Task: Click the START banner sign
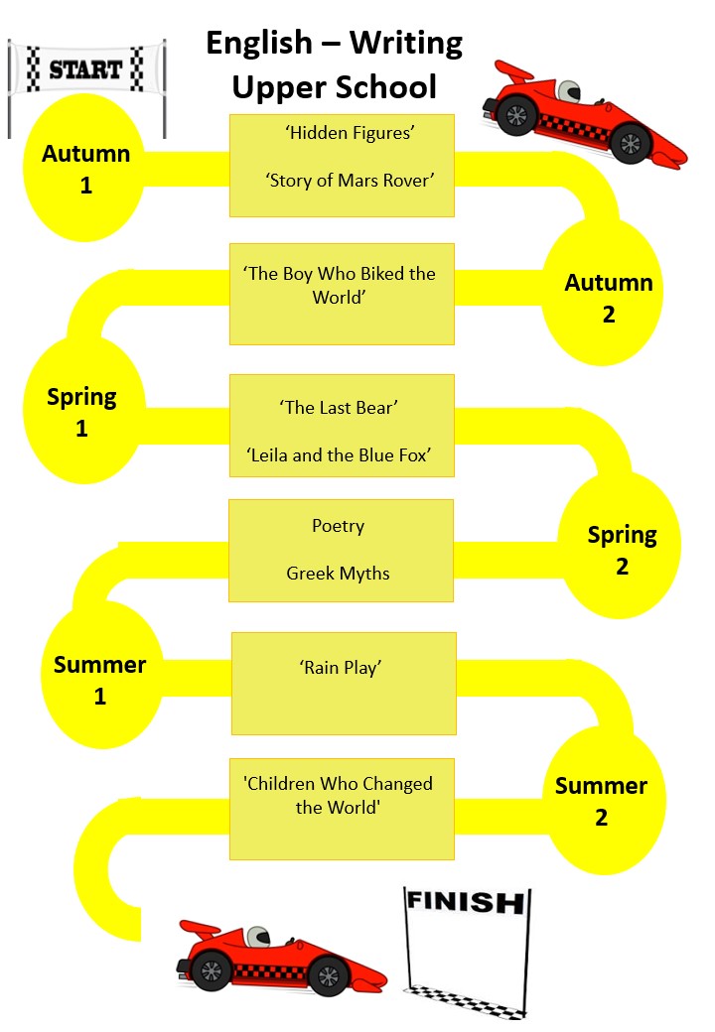click(x=86, y=68)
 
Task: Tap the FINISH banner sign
click(x=465, y=903)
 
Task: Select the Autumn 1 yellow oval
click(x=85, y=168)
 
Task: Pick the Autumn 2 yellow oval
click(x=608, y=297)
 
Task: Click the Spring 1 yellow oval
click(x=82, y=412)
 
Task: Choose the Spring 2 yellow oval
click(x=622, y=550)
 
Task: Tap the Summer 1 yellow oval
click(x=99, y=680)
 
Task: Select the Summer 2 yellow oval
click(x=601, y=801)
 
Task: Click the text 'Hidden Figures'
click(x=342, y=133)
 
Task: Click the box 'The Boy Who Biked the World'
click(x=342, y=294)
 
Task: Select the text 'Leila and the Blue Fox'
click(x=338, y=455)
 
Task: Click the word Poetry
click(x=338, y=526)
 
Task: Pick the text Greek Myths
click(x=338, y=574)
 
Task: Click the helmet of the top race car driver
click(x=567, y=91)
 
